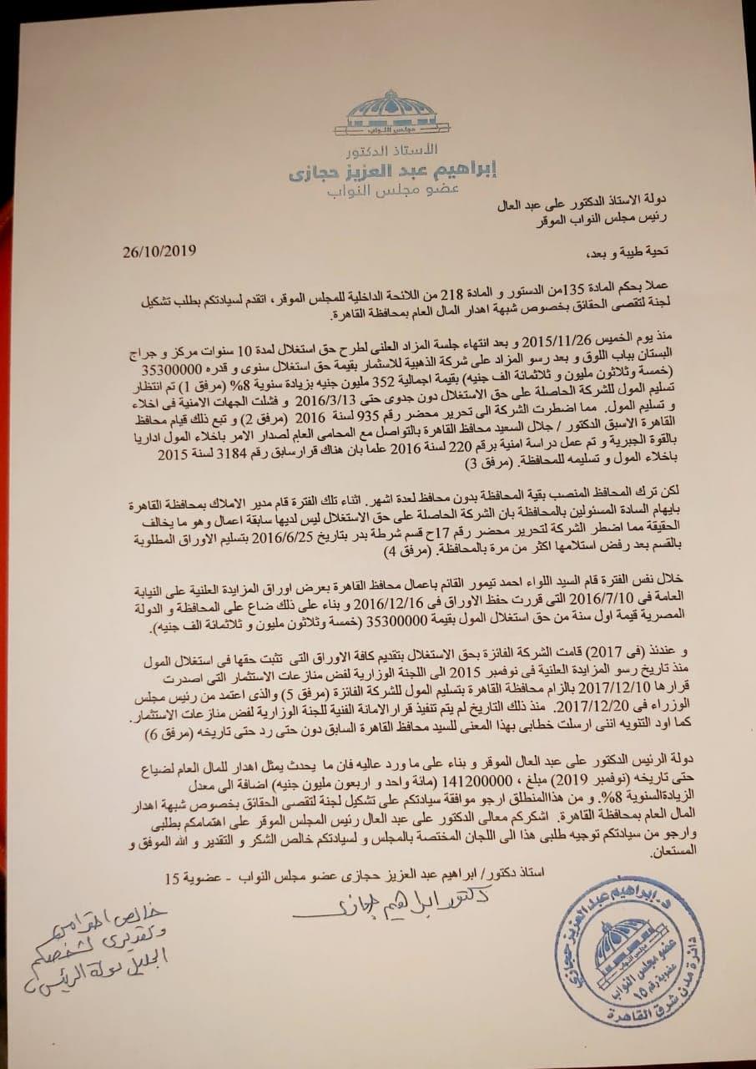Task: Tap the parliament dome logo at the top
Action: click(x=385, y=117)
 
